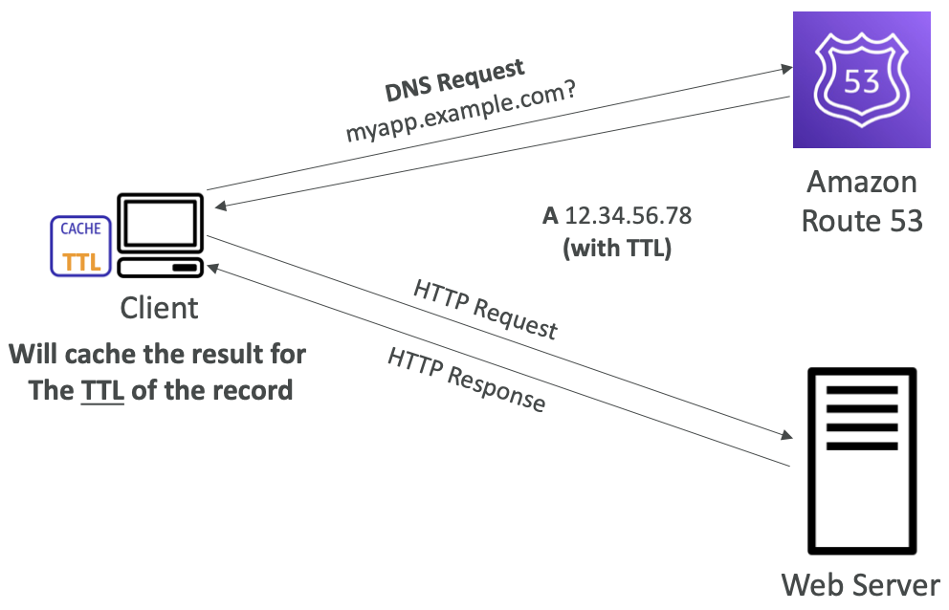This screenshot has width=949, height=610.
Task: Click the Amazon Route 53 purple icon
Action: pos(862,80)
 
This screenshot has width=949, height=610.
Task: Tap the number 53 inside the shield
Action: pos(862,81)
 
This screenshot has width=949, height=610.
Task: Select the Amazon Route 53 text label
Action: pos(861,201)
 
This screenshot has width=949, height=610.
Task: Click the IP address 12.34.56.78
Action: pos(628,216)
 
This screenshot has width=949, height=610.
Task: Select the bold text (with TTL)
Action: pos(617,248)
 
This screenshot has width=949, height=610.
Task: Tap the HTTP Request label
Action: pos(484,308)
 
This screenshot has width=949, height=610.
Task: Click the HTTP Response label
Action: pos(466,380)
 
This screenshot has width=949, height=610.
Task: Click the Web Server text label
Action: pos(861,584)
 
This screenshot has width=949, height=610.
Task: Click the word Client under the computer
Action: pos(159,308)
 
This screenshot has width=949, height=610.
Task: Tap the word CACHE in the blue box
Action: pos(81,229)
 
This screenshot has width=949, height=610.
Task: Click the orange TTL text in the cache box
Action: pos(81,261)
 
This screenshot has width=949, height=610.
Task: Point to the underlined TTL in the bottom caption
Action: pos(102,390)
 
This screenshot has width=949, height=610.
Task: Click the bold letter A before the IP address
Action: pos(550,216)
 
